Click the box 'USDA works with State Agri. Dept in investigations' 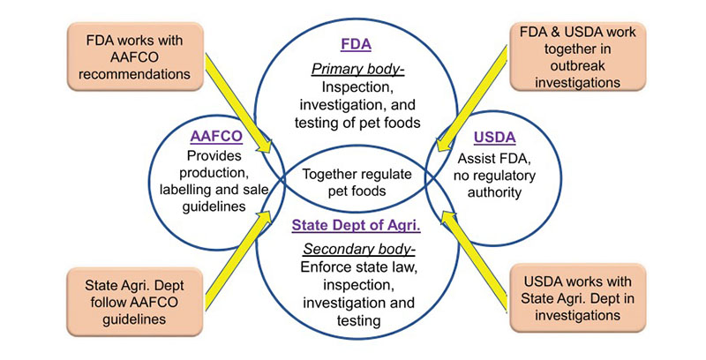click(574, 295)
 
